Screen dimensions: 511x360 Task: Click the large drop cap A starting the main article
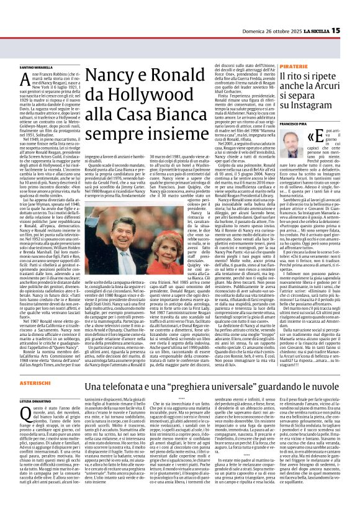24,79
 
